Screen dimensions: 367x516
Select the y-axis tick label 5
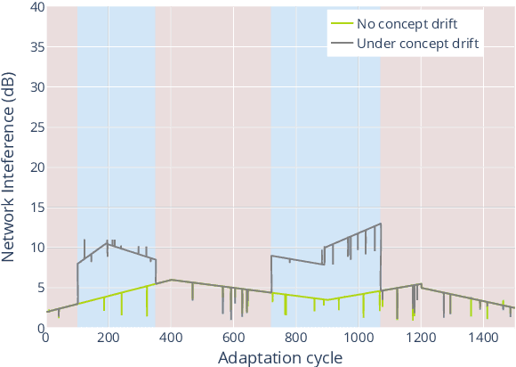point(36,288)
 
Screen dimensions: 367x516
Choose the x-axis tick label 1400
point(484,338)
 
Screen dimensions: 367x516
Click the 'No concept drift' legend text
point(407,23)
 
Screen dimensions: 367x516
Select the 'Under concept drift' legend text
point(418,43)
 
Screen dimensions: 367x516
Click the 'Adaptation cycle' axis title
point(279,356)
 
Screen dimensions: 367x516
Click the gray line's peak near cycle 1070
point(381,224)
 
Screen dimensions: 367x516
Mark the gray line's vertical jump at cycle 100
point(77,283)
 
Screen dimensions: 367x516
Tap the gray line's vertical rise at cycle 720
point(271,274)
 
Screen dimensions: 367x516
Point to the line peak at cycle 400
point(171,280)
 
